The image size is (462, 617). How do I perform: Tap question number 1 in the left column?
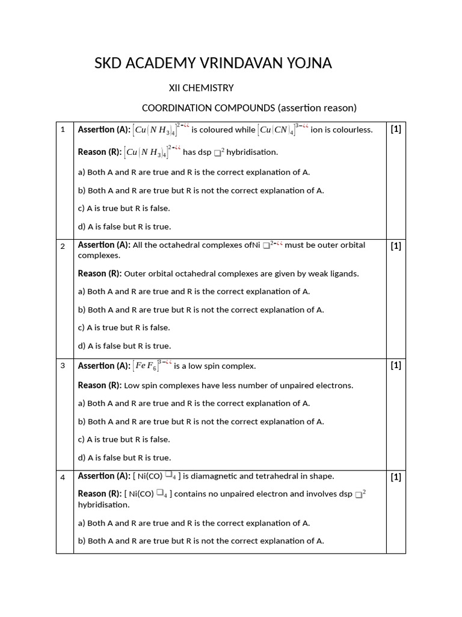(63, 130)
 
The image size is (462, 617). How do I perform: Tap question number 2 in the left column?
(63, 246)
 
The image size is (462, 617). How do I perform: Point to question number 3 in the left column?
(63, 366)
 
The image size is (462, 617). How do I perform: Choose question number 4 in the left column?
(63, 478)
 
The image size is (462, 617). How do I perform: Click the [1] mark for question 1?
(395, 129)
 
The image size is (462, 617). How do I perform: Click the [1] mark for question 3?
(395, 365)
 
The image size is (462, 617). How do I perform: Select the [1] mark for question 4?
(395, 477)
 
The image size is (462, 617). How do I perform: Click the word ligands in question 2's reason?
(343, 274)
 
